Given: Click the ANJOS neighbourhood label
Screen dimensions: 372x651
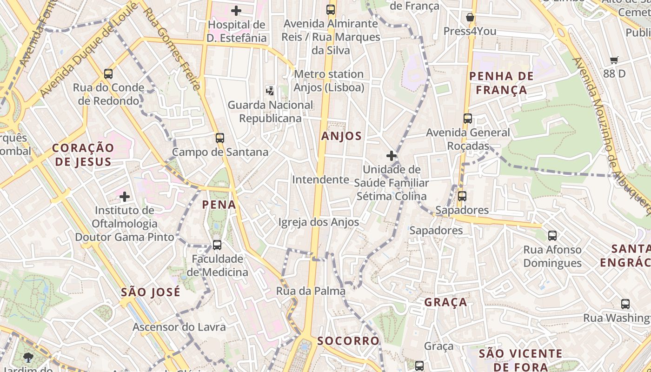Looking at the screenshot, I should [x=341, y=136].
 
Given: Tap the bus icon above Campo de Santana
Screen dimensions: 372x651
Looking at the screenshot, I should [x=220, y=138].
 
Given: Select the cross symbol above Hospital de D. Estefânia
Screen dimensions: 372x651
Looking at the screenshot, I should [x=236, y=10].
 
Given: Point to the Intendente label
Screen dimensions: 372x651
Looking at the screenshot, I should [x=320, y=179].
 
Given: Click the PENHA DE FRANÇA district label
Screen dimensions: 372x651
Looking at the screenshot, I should [x=501, y=83].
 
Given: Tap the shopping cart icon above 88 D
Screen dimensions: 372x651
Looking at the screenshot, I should [x=614, y=60].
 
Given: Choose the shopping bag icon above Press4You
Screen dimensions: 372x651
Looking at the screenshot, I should [x=470, y=18].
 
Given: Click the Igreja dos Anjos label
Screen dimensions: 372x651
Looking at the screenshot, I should [x=319, y=222].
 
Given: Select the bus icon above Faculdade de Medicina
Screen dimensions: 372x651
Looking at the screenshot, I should [x=217, y=245].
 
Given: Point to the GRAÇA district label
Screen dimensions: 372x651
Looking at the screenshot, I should [x=445, y=302].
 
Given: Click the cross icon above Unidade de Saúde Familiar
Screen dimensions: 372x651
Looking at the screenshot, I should [x=392, y=155].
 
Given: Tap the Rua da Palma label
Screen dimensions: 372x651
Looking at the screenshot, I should [x=311, y=291].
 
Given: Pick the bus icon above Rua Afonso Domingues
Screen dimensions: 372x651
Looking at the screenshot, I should [x=552, y=236].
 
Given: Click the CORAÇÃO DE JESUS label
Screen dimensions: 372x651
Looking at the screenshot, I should [x=83, y=155].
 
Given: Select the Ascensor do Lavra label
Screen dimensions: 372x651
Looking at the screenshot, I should [x=179, y=327].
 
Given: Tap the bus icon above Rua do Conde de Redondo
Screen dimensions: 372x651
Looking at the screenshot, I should [x=108, y=74].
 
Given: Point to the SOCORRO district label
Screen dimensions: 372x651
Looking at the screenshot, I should [x=348, y=341].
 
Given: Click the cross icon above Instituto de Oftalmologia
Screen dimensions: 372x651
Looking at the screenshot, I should [x=124, y=197].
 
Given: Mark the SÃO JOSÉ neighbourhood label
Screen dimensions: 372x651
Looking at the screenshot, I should [x=150, y=292].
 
